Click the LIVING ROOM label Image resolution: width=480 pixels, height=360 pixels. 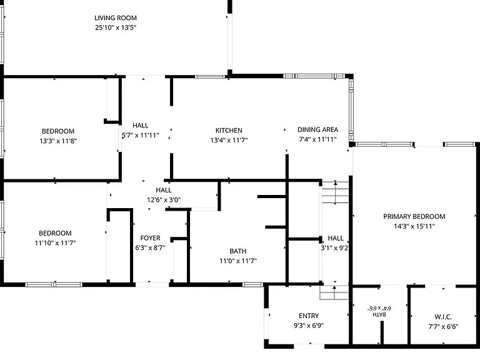coord(116,18)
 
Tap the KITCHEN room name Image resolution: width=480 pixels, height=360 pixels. coord(229,131)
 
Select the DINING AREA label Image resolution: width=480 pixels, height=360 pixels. coord(317,129)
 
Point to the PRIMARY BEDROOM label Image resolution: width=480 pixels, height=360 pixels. coord(414,216)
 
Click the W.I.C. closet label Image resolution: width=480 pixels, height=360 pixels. coord(443,317)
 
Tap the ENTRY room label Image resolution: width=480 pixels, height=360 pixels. coord(309,316)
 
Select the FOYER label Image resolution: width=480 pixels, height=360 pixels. coord(150,238)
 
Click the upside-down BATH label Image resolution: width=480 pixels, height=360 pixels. coord(379,314)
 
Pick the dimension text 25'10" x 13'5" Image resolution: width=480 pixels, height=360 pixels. coord(116,27)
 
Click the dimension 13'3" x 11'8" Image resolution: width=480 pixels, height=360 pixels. coord(58,141)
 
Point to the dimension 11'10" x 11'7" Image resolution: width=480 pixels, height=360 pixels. coord(55,242)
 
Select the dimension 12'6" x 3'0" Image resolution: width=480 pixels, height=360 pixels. coord(164,200)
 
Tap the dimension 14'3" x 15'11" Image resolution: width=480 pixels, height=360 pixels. coord(414,226)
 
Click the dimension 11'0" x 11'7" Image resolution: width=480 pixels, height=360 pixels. coord(238,261)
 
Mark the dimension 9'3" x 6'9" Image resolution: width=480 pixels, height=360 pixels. coord(309,326)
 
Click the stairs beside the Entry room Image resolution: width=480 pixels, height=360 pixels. coord(334,292)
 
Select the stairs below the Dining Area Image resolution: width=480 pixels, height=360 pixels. coord(335,192)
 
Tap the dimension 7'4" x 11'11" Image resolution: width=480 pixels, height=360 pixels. coord(317,139)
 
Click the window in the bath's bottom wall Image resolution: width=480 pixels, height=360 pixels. coord(252,285)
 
